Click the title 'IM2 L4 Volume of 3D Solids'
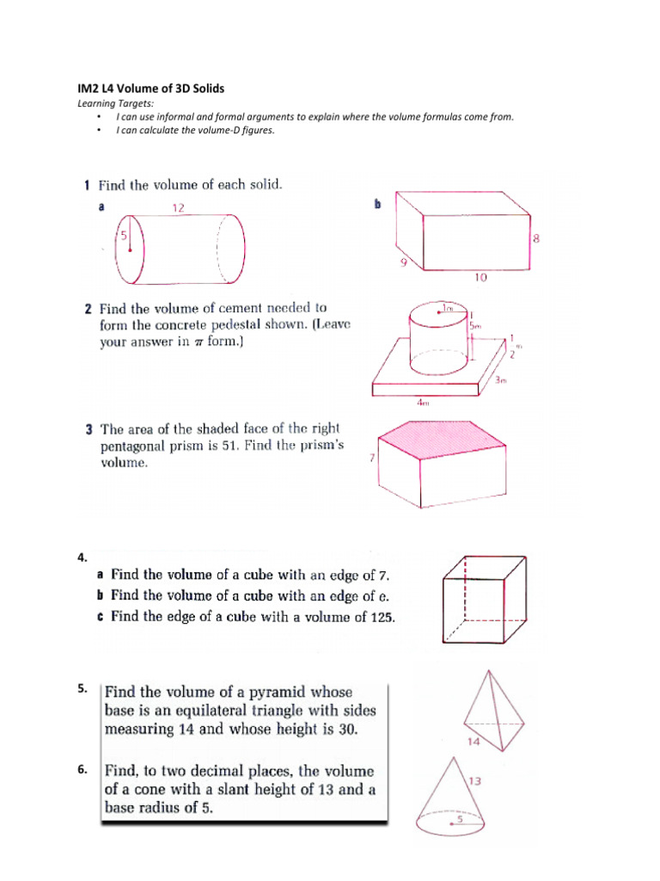tap(151, 89)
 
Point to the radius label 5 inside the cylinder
tap(123, 235)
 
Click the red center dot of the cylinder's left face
tap(129, 250)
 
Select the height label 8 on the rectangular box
tap(536, 239)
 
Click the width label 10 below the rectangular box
tap(480, 278)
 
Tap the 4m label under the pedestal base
tap(424, 401)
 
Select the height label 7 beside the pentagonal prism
tap(371, 459)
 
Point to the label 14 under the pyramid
tap(473, 741)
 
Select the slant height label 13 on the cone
tap(474, 781)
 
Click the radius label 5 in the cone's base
tap(459, 820)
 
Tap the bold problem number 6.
tap(82, 771)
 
